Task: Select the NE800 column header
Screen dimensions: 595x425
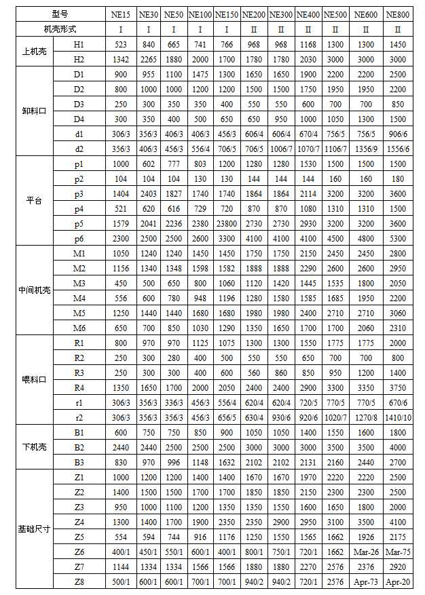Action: point(397,14)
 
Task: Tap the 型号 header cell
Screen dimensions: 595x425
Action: point(60,14)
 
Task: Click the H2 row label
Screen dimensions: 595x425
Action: point(79,58)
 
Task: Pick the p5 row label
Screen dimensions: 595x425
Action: point(79,223)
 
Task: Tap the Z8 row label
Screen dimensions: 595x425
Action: point(79,581)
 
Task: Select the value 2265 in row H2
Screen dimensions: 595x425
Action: point(149,58)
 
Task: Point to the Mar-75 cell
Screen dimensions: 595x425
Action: point(397,552)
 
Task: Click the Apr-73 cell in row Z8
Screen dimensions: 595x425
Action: point(366,581)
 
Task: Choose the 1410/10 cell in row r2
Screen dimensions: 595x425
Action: point(397,417)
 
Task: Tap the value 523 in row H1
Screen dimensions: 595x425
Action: point(122,43)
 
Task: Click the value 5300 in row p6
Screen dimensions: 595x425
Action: point(397,238)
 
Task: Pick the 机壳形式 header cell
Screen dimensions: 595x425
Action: point(60,28)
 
